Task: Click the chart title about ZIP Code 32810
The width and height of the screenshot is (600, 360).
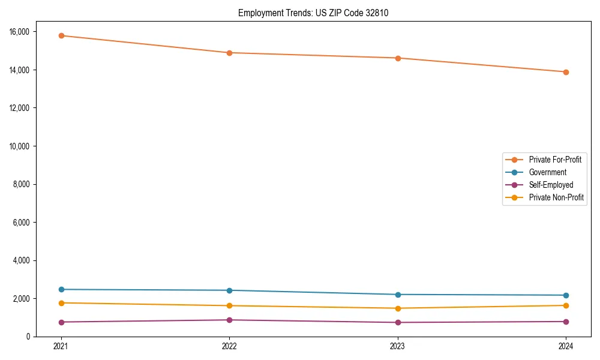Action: click(313, 13)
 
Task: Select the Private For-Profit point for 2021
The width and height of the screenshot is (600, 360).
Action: click(61, 35)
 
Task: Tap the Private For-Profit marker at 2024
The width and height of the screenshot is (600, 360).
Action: click(566, 72)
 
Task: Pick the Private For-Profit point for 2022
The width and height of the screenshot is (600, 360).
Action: click(229, 53)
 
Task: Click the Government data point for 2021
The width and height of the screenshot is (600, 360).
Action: click(61, 289)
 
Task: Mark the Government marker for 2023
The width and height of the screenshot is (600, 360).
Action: click(398, 295)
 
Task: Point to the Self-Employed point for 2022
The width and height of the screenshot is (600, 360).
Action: click(229, 320)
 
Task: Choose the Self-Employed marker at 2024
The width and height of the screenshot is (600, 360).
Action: click(566, 322)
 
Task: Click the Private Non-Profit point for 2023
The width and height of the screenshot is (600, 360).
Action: click(398, 308)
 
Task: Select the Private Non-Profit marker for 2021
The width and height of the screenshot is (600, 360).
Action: click(61, 303)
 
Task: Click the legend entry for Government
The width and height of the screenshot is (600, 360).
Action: click(547, 172)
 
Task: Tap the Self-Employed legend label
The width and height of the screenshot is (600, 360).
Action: click(551, 185)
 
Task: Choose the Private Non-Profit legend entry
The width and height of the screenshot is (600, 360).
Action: click(556, 197)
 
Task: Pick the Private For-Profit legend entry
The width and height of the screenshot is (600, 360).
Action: click(555, 160)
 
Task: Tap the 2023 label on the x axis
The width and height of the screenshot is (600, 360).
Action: click(398, 346)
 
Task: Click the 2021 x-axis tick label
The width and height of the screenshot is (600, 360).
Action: click(61, 346)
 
